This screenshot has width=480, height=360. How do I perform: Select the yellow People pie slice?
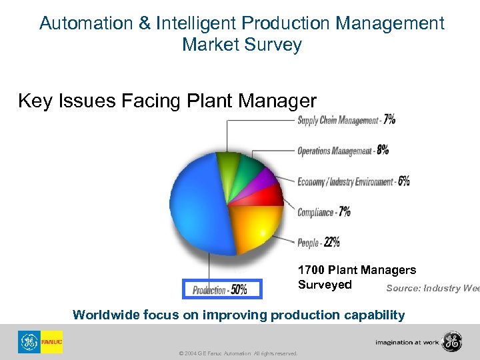[257, 227]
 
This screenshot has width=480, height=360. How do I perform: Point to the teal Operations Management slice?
[250, 165]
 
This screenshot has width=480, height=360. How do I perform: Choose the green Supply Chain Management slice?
[229, 160]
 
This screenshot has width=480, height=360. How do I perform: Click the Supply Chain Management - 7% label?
[346, 120]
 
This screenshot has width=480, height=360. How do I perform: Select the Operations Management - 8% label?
[343, 150]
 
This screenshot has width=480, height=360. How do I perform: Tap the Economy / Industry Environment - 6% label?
[353, 181]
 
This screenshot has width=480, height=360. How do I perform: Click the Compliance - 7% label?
[324, 212]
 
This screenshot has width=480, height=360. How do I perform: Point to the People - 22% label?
[319, 243]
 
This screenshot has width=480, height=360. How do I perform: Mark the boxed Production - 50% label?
[223, 289]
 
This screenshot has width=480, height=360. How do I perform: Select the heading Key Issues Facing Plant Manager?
[167, 101]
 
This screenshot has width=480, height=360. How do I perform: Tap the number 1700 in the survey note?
[311, 270]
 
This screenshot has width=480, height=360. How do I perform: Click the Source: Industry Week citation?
[433, 288]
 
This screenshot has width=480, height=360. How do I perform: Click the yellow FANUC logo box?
[51, 341]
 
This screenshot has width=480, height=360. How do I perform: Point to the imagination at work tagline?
[406, 342]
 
